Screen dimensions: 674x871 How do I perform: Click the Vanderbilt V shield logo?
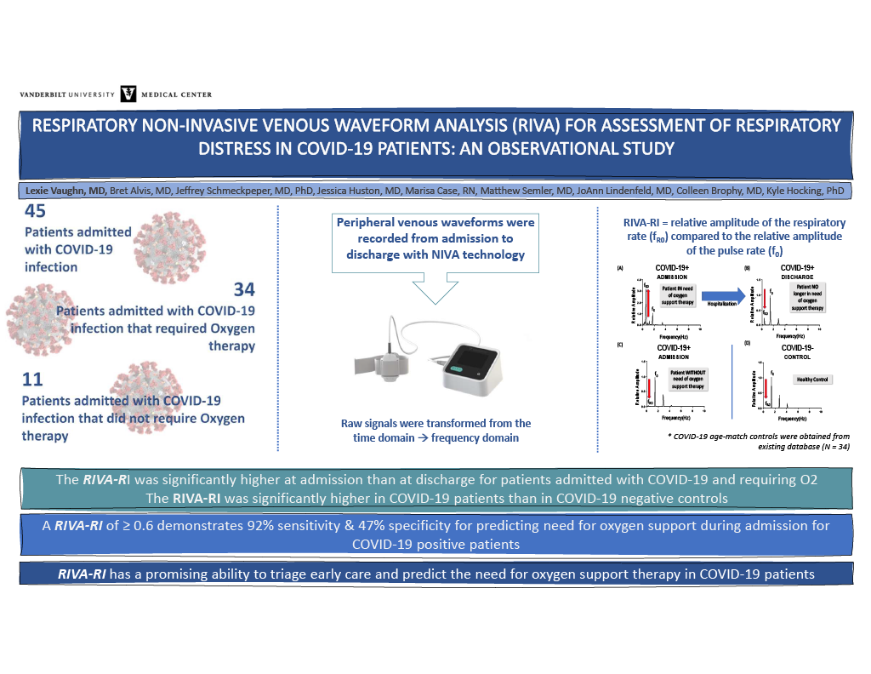129,94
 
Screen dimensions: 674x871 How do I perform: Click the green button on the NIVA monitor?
459,368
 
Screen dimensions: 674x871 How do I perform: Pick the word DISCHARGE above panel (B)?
797,277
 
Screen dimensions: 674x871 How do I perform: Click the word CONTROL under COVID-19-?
797,357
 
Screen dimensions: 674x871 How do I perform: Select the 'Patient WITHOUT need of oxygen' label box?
690,378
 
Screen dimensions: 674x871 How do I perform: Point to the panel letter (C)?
620,343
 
